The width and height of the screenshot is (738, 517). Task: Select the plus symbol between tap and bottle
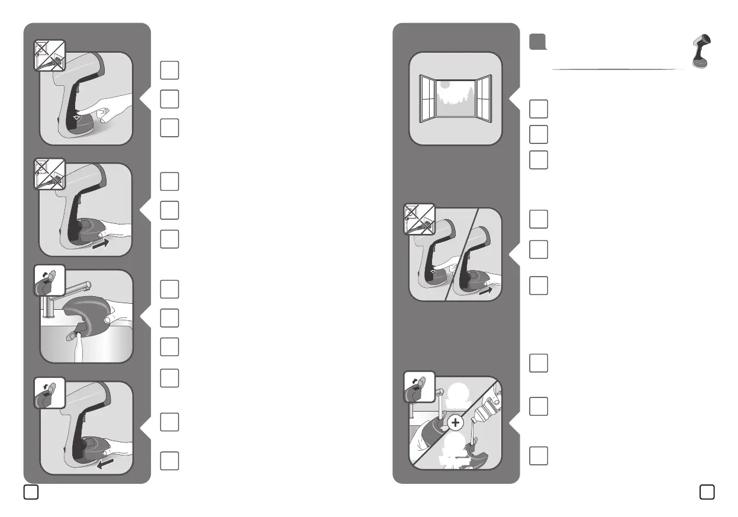(x=455, y=422)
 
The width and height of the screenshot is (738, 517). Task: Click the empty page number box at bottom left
(x=31, y=492)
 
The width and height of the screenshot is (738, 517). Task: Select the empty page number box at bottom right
(x=706, y=492)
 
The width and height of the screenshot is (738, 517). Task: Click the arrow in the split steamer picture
(x=488, y=291)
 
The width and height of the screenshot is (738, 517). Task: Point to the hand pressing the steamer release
(x=115, y=108)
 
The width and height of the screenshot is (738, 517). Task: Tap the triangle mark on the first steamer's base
(x=75, y=119)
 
